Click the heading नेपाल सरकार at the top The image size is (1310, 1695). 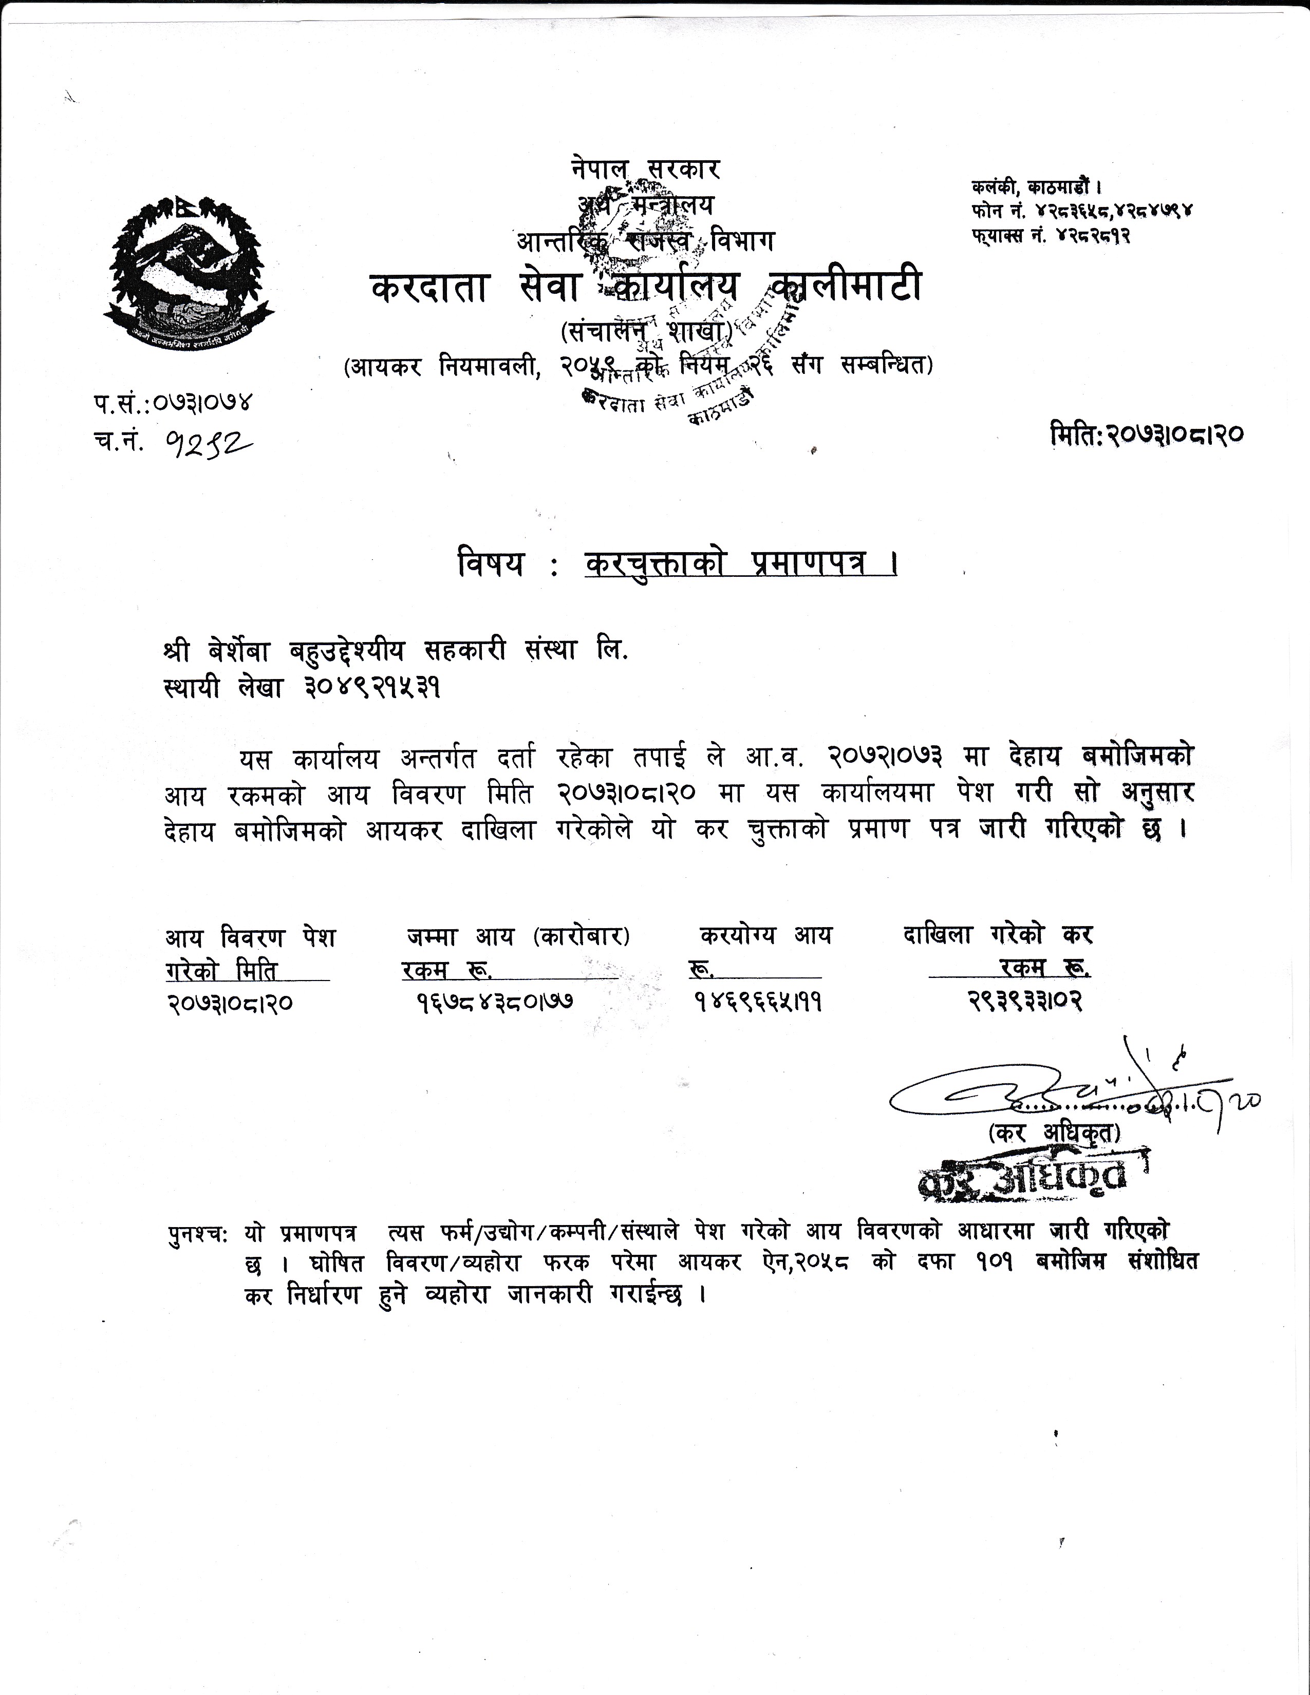(645, 169)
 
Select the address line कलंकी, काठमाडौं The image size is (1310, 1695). (1036, 187)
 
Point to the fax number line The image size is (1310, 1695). (1049, 234)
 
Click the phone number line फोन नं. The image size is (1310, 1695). (1081, 210)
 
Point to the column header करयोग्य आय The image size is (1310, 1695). (765, 936)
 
